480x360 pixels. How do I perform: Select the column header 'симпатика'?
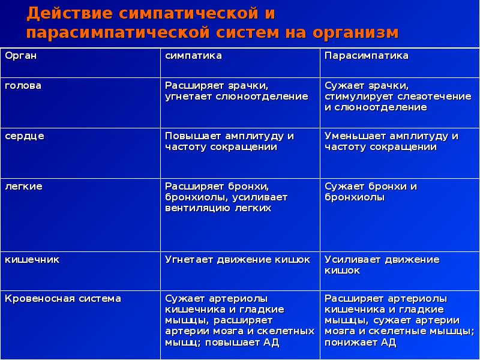pyautogui.click(x=194, y=56)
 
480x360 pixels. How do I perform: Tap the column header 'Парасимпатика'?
pyautogui.click(x=366, y=56)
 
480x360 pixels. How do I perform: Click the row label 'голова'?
pyautogui.click(x=23, y=86)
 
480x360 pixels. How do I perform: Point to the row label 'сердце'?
pyautogui.click(x=25, y=136)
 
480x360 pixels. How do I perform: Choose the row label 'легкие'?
pyautogui.click(x=23, y=187)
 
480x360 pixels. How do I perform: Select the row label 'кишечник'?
pyautogui.click(x=32, y=260)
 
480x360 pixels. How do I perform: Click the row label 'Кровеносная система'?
pyautogui.click(x=63, y=298)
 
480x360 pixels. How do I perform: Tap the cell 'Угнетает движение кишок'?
pyautogui.click(x=238, y=260)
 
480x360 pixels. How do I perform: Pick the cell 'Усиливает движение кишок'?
pyautogui.click(x=382, y=265)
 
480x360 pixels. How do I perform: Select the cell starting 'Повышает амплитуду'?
pyautogui.click(x=229, y=142)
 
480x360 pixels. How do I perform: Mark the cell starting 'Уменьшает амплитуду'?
pyautogui.click(x=391, y=142)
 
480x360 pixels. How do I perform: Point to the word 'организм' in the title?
pyautogui.click(x=351, y=32)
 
